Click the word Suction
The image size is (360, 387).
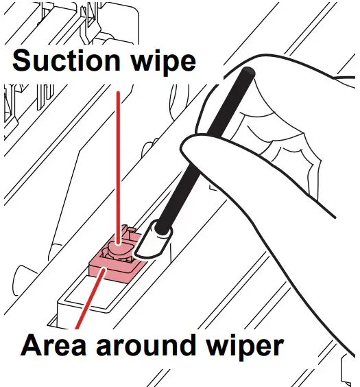click(x=62, y=61)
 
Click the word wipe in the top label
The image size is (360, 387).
click(x=160, y=62)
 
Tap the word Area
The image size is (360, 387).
click(x=52, y=346)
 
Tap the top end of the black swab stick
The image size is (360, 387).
click(x=250, y=71)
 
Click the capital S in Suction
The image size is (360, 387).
click(x=21, y=61)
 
